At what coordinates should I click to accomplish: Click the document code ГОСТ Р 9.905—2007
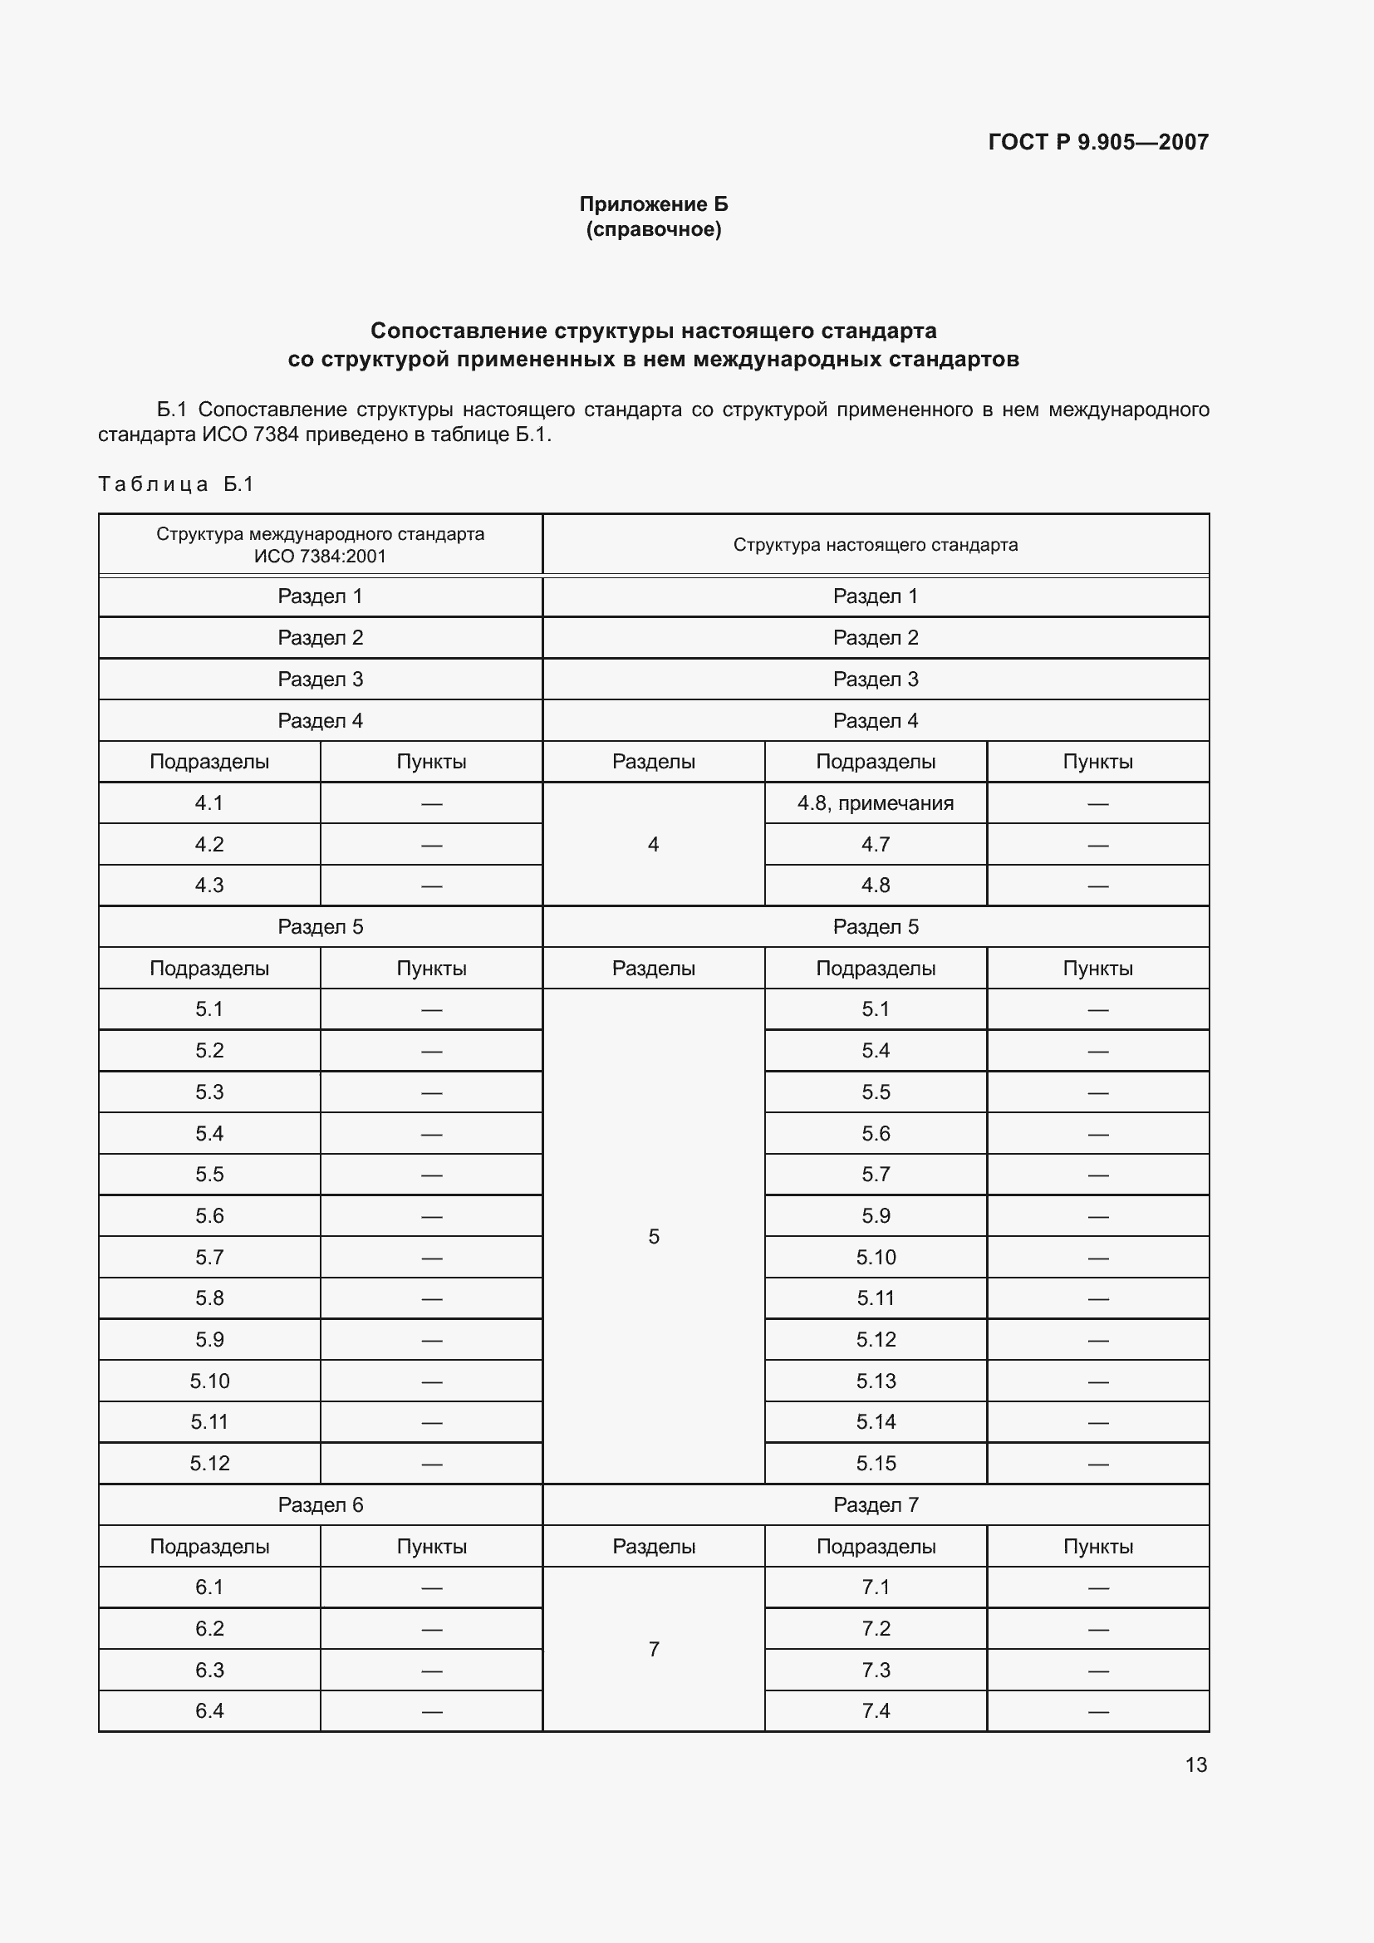[1097, 142]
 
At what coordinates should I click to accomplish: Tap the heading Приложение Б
[653, 204]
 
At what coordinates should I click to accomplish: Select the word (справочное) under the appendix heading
[653, 229]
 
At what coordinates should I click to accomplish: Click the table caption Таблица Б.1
[176, 484]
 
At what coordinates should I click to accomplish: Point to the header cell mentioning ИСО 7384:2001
[320, 545]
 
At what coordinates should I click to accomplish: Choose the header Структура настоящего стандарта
[875, 545]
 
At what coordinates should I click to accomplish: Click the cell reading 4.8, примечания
[875, 803]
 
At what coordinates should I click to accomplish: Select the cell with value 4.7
[875, 845]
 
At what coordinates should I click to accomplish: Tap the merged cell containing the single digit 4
[653, 845]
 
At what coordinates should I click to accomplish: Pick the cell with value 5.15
[875, 1463]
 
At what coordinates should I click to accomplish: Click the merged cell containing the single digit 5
[653, 1236]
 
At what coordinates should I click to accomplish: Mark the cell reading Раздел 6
[320, 1504]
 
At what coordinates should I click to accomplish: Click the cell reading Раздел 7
[875, 1504]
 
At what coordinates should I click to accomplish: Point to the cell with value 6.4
[209, 1711]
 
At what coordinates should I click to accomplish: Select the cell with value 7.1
[875, 1587]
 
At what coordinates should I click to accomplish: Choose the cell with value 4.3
[209, 886]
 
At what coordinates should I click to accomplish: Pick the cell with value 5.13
[875, 1381]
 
